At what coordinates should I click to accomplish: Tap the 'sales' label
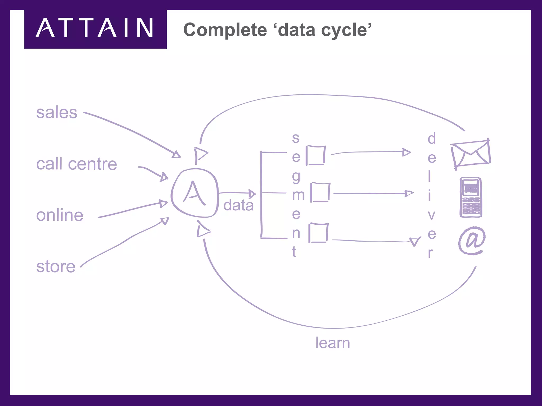(x=57, y=113)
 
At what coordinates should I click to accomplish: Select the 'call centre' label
(x=76, y=164)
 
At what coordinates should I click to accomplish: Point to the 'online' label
(x=60, y=215)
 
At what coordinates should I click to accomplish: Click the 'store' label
(x=56, y=266)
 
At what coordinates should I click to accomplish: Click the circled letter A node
(x=195, y=193)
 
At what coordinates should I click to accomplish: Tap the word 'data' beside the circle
(x=238, y=205)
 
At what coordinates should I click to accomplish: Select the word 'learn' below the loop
(x=333, y=343)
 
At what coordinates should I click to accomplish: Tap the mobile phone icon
(x=471, y=197)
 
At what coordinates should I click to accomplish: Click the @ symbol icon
(x=472, y=241)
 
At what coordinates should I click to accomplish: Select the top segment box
(x=316, y=155)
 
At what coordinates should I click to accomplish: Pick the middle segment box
(x=320, y=192)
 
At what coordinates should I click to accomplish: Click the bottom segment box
(x=318, y=233)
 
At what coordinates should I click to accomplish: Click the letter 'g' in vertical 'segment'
(x=296, y=177)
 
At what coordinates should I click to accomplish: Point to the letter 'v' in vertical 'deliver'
(x=431, y=215)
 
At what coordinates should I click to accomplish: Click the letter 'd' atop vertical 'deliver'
(x=432, y=139)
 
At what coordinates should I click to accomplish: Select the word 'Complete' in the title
(x=225, y=30)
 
